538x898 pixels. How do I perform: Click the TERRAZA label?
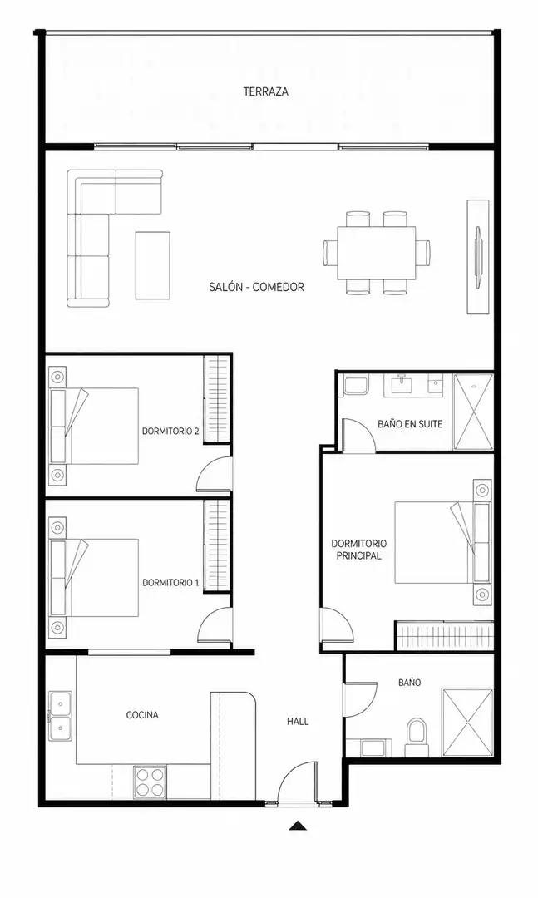coord(265,91)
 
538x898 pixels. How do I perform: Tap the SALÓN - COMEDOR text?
coord(256,287)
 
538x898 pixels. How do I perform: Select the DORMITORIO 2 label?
coord(170,431)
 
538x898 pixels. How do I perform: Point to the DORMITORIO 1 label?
coord(170,583)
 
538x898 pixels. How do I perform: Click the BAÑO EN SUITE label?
coord(410,424)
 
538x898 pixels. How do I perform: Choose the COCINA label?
coord(142,715)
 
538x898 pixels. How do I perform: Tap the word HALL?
coord(298,722)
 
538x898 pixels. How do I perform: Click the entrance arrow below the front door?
coord(298,826)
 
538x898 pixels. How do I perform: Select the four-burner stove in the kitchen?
coord(151,782)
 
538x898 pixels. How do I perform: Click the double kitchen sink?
coord(60,716)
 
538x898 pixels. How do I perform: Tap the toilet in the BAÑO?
coord(417,738)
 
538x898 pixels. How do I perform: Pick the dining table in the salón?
coord(377,253)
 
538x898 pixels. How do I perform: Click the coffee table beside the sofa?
coord(152,265)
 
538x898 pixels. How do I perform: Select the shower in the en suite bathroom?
coord(473,412)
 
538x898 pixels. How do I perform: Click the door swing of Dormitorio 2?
coord(213,475)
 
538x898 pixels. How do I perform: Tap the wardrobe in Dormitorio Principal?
coord(445,636)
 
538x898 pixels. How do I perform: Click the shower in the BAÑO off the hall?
coord(467,723)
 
